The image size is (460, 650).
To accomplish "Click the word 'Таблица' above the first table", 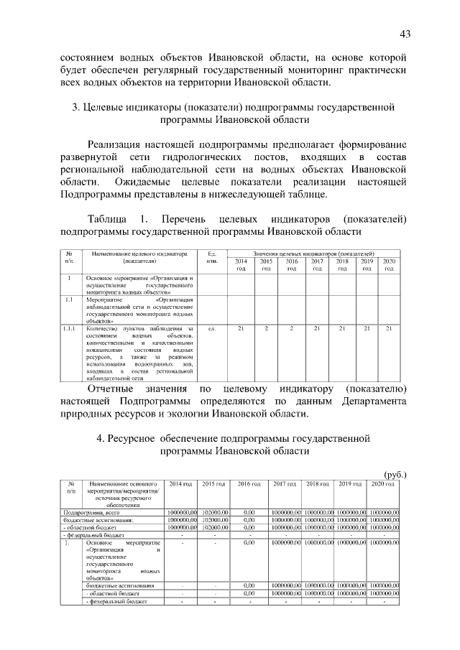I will pyautogui.click(x=109, y=218).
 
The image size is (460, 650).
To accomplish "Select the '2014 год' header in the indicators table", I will pyautogui.click(x=241, y=265).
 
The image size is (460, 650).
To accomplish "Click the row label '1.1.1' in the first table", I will pyautogui.click(x=70, y=329).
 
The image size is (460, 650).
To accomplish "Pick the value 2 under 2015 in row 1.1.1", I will pyautogui.click(x=266, y=329).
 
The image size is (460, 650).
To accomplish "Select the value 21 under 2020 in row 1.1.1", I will pyautogui.click(x=389, y=329).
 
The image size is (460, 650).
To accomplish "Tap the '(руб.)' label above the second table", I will pyautogui.click(x=395, y=474).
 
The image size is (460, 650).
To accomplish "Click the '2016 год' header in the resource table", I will pyautogui.click(x=249, y=484).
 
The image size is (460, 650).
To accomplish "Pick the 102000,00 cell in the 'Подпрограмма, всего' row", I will pyautogui.click(x=214, y=511).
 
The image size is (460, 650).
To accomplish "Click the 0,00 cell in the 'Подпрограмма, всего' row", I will pyautogui.click(x=249, y=511).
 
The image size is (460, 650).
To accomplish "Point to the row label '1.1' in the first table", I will pyautogui.click(x=69, y=300).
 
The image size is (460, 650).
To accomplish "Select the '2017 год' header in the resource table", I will pyautogui.click(x=285, y=484).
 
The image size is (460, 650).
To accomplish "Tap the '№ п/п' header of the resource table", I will pyautogui.click(x=71, y=488).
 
